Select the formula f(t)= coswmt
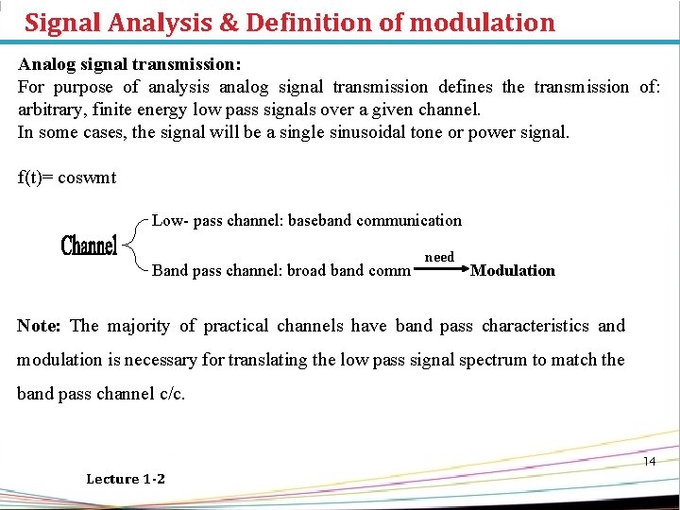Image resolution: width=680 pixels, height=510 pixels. tap(67, 177)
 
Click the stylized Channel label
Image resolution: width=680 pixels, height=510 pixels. tap(89, 246)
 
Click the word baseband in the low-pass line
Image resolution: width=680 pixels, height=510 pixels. tap(322, 220)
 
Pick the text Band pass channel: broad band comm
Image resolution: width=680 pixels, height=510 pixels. tap(281, 270)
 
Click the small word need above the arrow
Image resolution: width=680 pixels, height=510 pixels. tap(439, 257)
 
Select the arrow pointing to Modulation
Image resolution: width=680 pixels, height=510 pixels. tap(442, 269)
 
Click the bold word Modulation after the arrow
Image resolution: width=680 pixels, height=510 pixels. tap(513, 270)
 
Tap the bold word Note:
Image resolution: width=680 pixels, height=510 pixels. tap(39, 326)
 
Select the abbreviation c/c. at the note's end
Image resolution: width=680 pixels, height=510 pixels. tap(168, 393)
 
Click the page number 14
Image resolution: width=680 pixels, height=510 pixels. tap(649, 461)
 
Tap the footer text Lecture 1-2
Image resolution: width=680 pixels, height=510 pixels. tap(126, 479)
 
